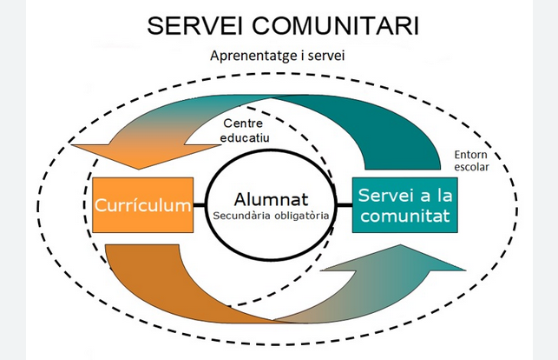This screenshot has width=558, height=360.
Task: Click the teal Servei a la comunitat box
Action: tap(404, 205)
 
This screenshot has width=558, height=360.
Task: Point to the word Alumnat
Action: tap(272, 197)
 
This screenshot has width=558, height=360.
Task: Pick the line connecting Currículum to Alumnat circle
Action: tap(200, 207)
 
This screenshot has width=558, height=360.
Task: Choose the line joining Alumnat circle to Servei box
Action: tap(344, 207)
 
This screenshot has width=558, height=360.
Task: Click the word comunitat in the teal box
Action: tap(405, 216)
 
